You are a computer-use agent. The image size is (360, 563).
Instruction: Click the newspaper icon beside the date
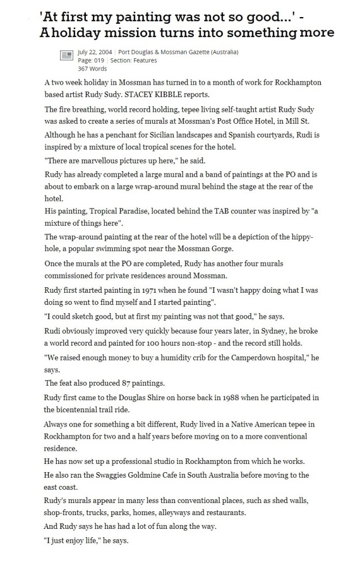66,55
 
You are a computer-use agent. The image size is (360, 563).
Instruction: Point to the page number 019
99,60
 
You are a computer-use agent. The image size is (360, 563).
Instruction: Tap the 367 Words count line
93,68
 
